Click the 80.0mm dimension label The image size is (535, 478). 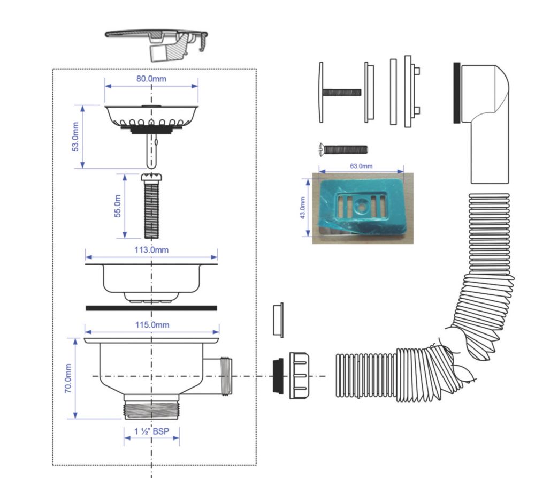pyautogui.click(x=151, y=79)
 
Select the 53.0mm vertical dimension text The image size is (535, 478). pyautogui.click(x=75, y=137)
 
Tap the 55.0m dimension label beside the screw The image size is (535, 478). pyautogui.click(x=117, y=206)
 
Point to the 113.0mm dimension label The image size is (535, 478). pyautogui.click(x=151, y=250)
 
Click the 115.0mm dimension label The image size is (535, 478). pyautogui.click(x=152, y=325)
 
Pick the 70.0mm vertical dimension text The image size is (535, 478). pyautogui.click(x=68, y=378)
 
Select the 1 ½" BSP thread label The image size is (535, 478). pyautogui.click(x=151, y=431)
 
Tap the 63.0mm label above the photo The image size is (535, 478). pyautogui.click(x=361, y=166)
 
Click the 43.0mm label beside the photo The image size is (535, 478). pyautogui.click(x=302, y=208)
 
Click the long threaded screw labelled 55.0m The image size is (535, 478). pyautogui.click(x=151, y=206)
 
